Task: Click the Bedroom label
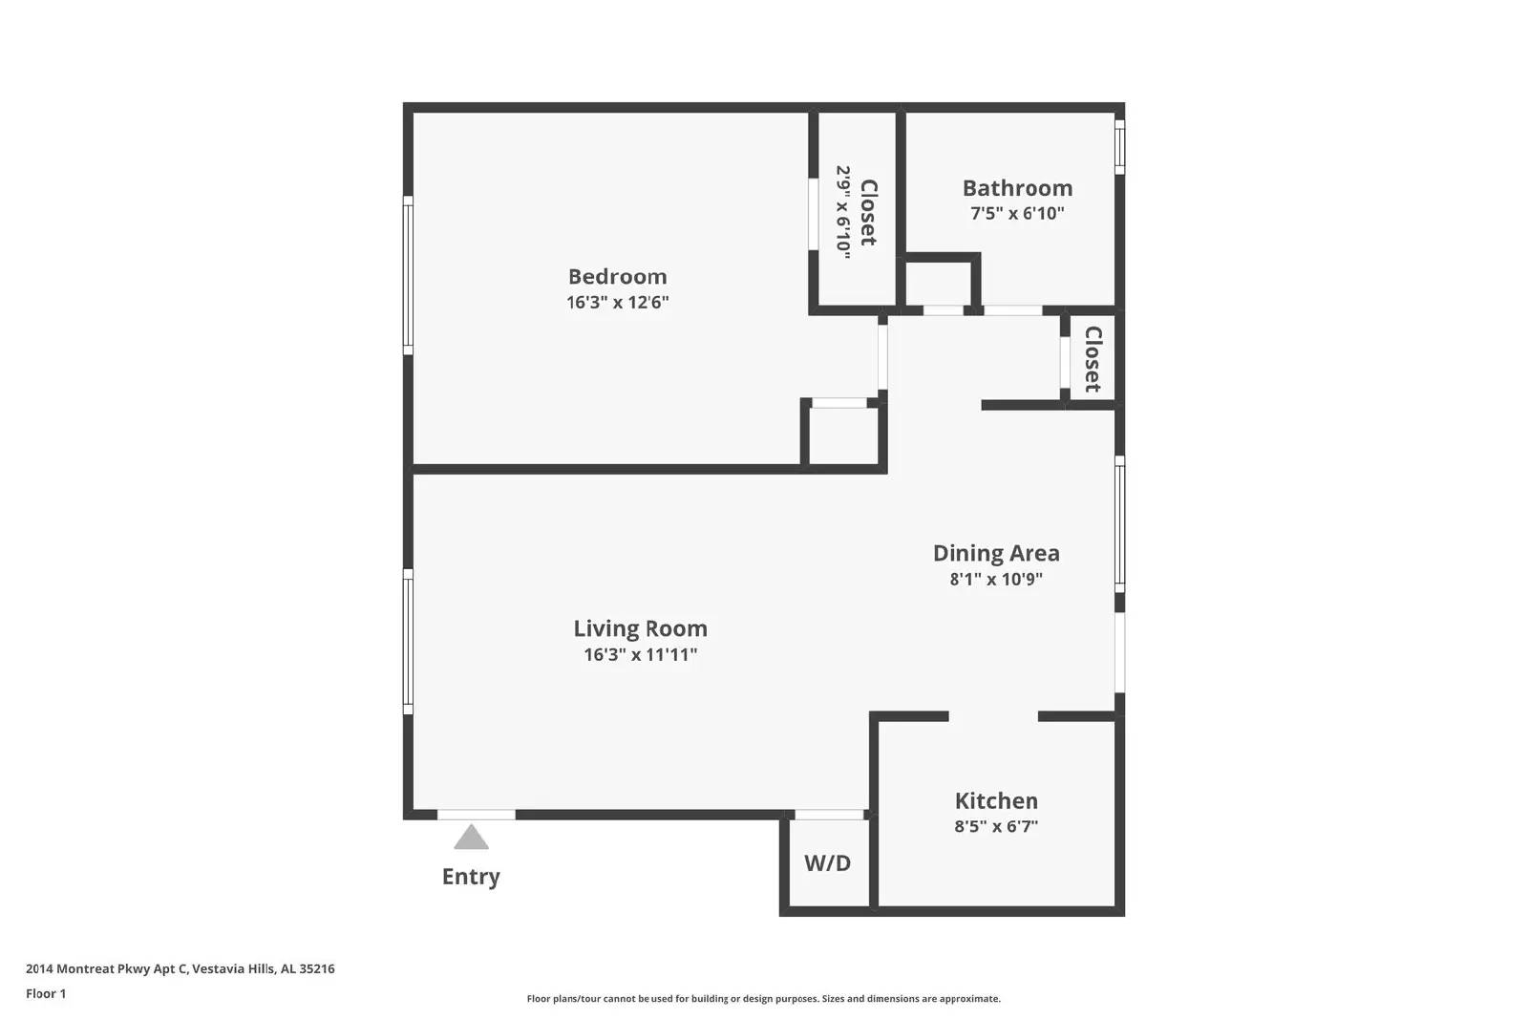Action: click(617, 277)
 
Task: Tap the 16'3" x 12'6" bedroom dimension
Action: click(617, 303)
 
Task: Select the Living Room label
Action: click(640, 628)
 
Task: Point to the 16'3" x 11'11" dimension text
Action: click(640, 655)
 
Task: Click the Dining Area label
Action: click(995, 553)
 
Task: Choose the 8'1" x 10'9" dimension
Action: click(995, 579)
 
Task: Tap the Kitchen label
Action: click(995, 801)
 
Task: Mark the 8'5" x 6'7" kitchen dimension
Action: click(995, 827)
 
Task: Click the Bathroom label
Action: click(1017, 188)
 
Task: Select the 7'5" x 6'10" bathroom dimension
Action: click(1017, 214)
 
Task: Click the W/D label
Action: click(827, 863)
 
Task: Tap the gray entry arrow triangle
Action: click(471, 839)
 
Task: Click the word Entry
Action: click(471, 877)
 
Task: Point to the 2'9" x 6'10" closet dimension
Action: click(843, 209)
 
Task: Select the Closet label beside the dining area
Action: click(1093, 359)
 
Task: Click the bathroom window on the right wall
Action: click(1119, 146)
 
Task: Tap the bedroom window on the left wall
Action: click(408, 276)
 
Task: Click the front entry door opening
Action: click(477, 815)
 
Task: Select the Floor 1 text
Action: click(46, 994)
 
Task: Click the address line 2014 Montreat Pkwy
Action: click(180, 968)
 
